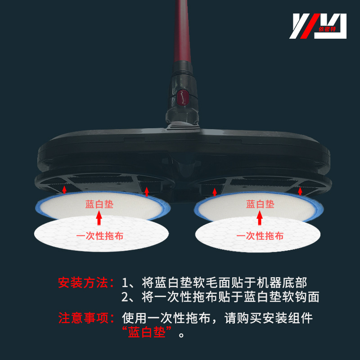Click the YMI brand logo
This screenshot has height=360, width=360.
tap(320, 25)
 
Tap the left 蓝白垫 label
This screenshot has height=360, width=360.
tap(99, 204)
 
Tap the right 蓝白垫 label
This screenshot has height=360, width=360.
tap(260, 204)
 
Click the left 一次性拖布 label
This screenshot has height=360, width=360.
tap(100, 236)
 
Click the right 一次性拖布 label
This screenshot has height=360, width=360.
tap(260, 236)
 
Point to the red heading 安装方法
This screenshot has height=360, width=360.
tap(83, 283)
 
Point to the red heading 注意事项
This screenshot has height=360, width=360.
tap(83, 318)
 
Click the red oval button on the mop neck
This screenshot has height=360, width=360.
tap(182, 96)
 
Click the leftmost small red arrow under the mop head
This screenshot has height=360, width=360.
tap(64, 189)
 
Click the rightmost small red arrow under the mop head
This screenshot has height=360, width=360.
tap(300, 190)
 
